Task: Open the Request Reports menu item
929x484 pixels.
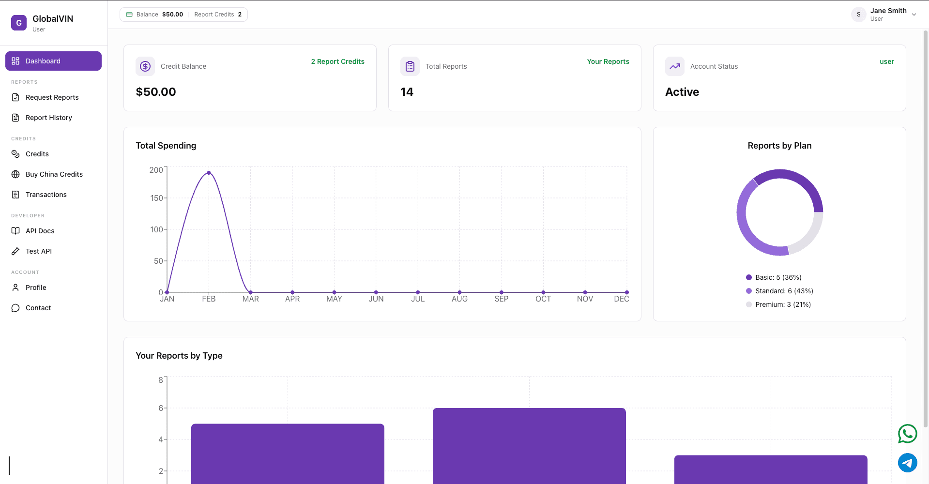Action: coord(52,97)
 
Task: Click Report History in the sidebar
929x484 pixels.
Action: coord(48,118)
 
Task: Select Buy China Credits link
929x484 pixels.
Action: coord(54,174)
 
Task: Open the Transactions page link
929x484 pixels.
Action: coord(46,195)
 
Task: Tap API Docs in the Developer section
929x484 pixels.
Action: coord(40,231)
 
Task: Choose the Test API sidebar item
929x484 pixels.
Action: coord(38,251)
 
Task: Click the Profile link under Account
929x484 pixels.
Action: coord(36,287)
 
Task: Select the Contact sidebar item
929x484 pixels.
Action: coord(38,308)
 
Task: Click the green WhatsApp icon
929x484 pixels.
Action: coord(907,434)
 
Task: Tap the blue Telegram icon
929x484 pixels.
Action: coord(907,463)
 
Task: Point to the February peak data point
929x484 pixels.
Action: coord(209,173)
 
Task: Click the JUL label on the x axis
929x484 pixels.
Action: coord(418,299)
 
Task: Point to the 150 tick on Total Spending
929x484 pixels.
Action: coord(156,198)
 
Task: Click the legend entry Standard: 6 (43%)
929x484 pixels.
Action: coord(784,291)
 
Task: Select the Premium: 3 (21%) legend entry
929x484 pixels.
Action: coord(783,304)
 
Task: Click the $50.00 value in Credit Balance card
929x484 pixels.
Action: coord(156,92)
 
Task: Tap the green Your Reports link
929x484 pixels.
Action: coord(608,61)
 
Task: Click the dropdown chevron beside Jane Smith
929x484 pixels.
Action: coord(914,15)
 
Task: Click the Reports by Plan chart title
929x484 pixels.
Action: coord(779,146)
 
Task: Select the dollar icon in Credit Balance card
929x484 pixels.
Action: coord(145,66)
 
